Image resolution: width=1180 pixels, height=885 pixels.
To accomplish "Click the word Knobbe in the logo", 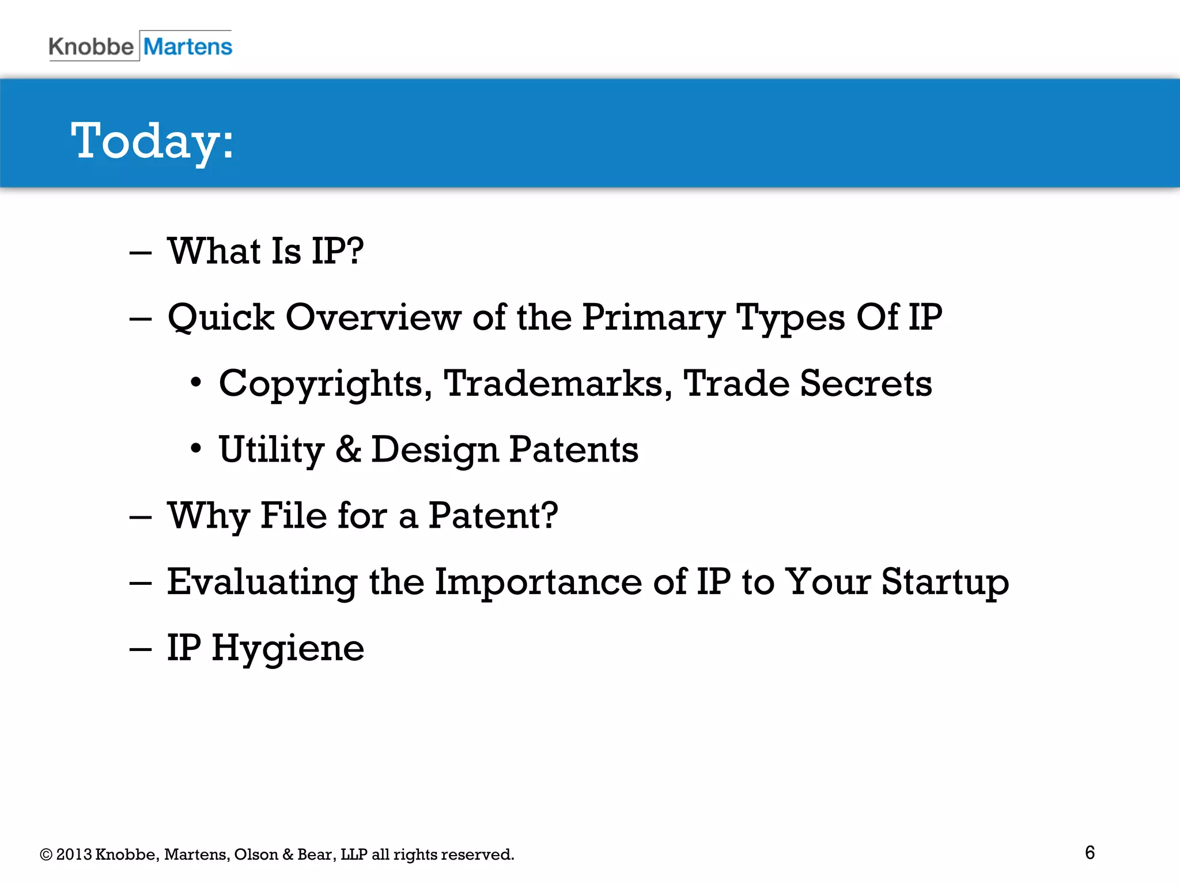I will coord(90,47).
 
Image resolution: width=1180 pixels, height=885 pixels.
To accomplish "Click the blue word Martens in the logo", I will coord(188,47).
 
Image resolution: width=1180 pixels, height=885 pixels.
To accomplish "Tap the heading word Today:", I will coord(153,141).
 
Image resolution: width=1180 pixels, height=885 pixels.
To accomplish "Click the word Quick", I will coord(221,318).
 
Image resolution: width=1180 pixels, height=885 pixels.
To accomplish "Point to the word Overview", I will coord(373,317).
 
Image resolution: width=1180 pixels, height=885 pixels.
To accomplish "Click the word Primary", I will coord(653,318).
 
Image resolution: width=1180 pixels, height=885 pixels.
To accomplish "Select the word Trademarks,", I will coord(558,383).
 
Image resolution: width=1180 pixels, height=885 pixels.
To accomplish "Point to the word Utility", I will coord(272,450).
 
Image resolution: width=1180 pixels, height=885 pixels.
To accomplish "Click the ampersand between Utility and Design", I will coord(349,449).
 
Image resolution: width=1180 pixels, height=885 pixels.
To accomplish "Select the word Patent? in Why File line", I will coord(493,515).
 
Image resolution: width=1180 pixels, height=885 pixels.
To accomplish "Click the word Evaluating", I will coord(262,583).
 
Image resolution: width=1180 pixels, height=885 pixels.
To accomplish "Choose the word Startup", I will coord(945,583).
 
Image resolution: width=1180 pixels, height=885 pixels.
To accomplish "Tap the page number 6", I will coord(1090,853).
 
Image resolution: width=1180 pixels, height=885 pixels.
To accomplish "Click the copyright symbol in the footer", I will coord(46,854).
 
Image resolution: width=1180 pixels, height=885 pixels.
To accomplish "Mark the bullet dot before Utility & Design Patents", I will coord(196,448).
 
